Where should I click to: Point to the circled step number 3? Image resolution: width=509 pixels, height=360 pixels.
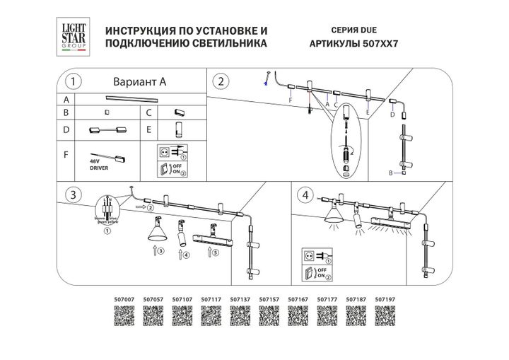click(71, 194)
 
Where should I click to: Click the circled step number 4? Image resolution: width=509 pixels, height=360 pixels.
click(305, 194)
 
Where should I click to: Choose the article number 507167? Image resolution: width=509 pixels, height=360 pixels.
click(298, 300)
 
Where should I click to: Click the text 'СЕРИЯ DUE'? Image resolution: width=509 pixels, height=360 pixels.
click(353, 31)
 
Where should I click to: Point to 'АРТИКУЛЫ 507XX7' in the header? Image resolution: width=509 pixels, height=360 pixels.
click(353, 44)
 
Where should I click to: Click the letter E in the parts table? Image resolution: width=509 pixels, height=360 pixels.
click(149, 130)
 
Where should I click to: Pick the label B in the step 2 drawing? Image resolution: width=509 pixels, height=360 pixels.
click(390, 173)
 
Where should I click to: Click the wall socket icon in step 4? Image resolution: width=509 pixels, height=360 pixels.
click(308, 255)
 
